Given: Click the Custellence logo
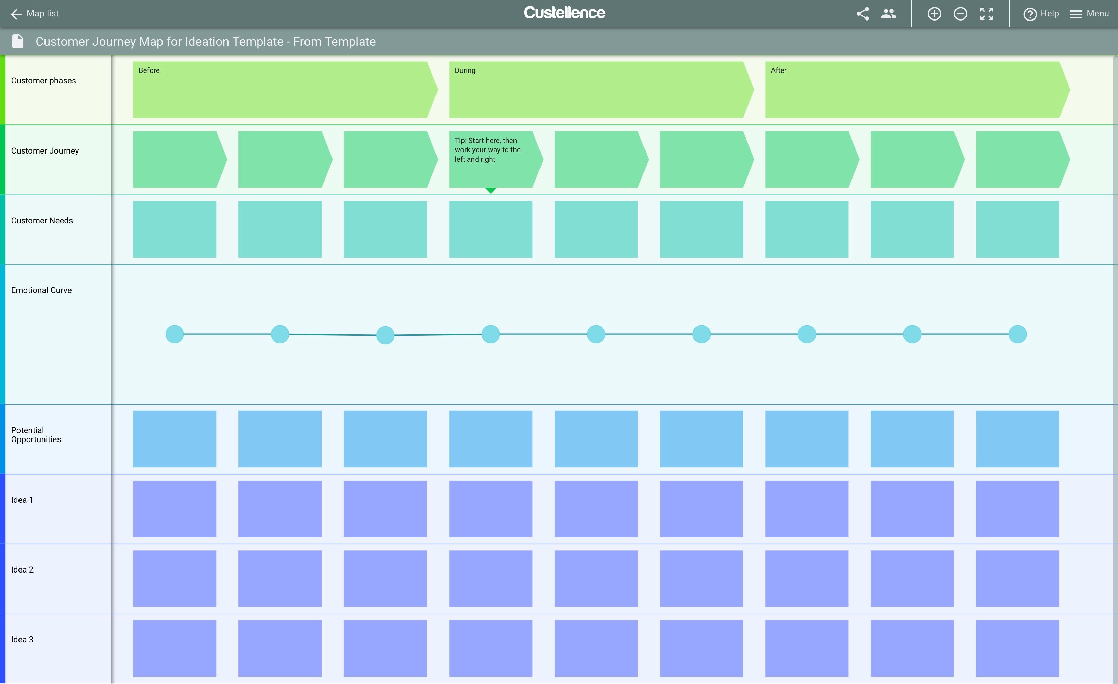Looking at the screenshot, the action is (x=564, y=13).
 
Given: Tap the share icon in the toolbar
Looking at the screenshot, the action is (x=862, y=14).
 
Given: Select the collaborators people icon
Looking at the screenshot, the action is (x=888, y=14).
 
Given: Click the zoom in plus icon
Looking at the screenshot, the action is (x=934, y=14).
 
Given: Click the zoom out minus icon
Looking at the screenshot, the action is (x=960, y=14).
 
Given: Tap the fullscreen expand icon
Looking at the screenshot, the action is (x=986, y=14).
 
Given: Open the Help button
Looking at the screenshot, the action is (x=1041, y=14).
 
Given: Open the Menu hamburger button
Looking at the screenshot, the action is (x=1089, y=14).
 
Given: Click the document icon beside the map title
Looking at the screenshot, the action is (x=18, y=41).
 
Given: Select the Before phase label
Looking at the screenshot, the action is (x=149, y=70).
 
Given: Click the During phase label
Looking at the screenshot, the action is (x=465, y=70).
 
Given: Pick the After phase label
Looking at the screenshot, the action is (x=779, y=70).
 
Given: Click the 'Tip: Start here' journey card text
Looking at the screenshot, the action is (x=488, y=150).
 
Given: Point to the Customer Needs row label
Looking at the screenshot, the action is (x=42, y=221).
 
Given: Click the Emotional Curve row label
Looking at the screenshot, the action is (x=41, y=290).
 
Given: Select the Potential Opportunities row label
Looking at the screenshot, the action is (x=36, y=435).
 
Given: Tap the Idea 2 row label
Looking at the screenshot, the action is (x=22, y=570).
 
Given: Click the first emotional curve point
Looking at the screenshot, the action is (x=175, y=334).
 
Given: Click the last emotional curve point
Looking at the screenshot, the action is (x=1018, y=334).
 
